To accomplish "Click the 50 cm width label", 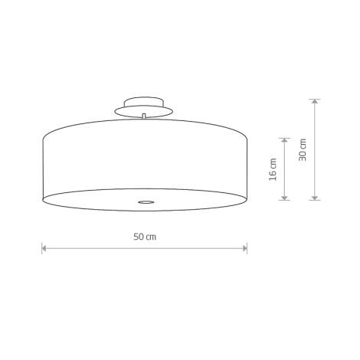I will [x=144, y=237].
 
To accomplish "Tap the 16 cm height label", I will [x=273, y=169].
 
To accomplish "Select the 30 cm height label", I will [x=303, y=149].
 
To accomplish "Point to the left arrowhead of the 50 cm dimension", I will [x=45, y=248].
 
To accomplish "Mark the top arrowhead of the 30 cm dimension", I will [x=313, y=102].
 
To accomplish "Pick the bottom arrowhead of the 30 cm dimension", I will [x=313, y=196].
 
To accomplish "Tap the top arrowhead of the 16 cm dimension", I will [x=285, y=142].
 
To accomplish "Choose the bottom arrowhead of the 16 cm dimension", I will [x=285, y=196].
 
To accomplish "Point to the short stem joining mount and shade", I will [x=144, y=116].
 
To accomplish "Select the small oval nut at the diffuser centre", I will [x=144, y=201].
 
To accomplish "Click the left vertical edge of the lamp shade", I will [x=42, y=165].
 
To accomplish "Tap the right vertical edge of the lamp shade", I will [x=247, y=165].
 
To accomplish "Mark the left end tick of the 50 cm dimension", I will [x=42, y=248].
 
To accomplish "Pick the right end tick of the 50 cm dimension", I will [x=247, y=248].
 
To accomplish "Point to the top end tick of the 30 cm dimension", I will [x=313, y=98].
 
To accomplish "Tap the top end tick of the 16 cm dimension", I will [x=285, y=138].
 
